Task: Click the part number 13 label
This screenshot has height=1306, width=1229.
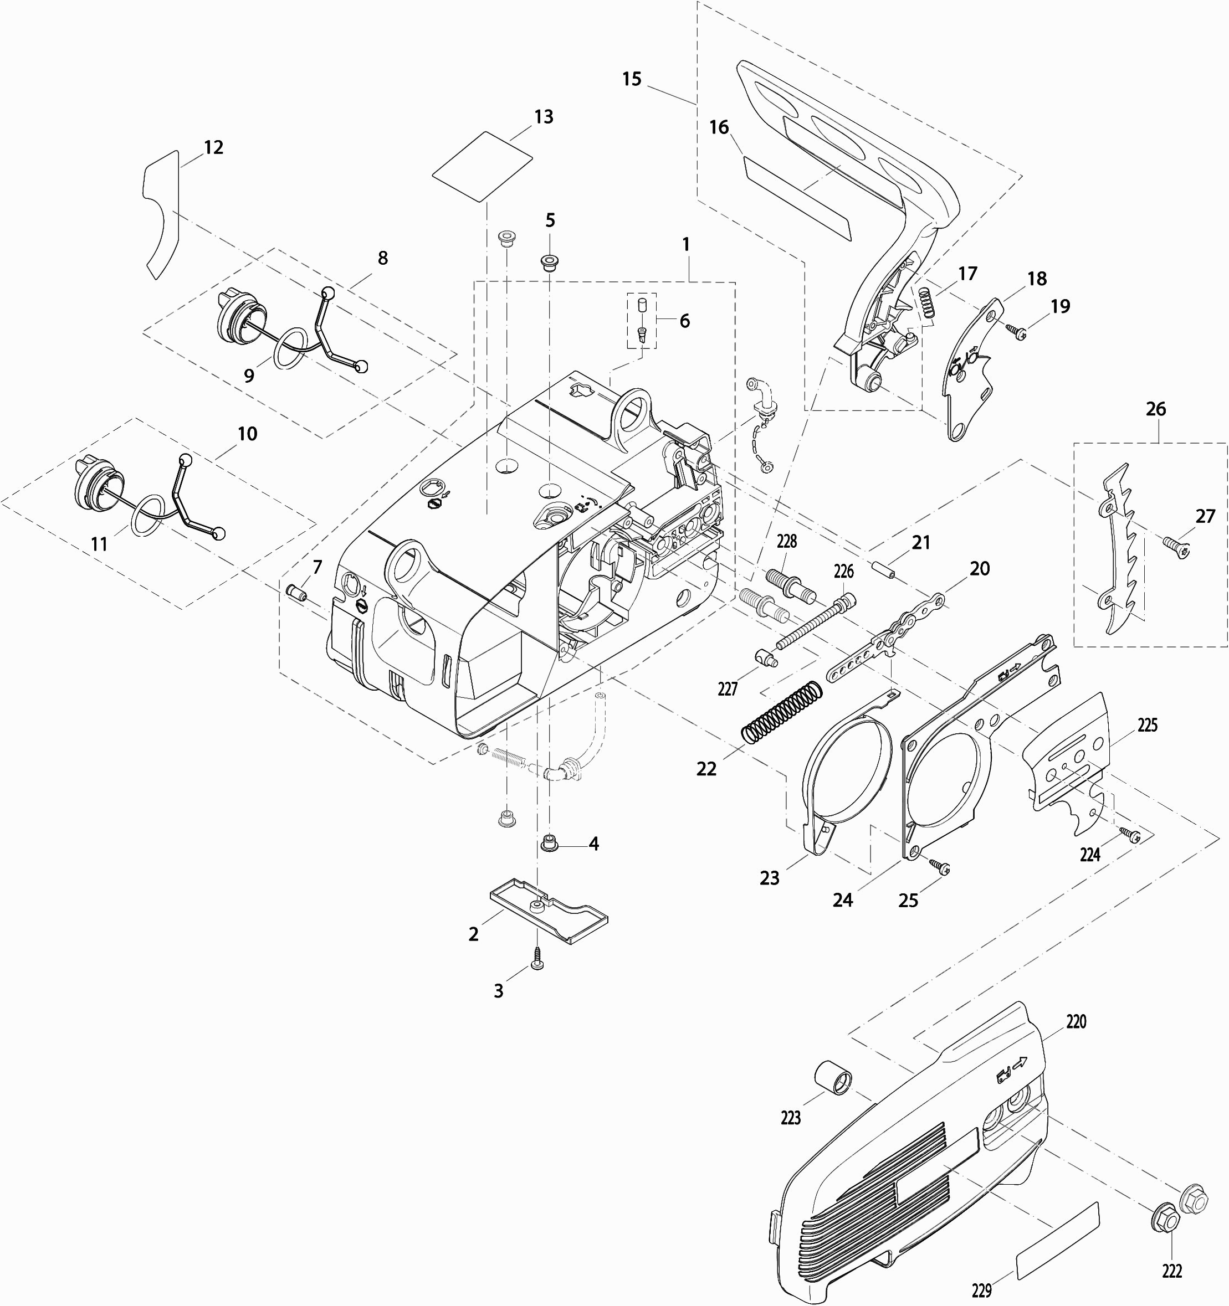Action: coord(544,117)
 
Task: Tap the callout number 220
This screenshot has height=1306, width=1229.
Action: coord(1076,1021)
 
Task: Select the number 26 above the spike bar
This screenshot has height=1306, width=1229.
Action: coord(1155,409)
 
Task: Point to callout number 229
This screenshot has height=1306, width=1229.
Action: coord(981,1291)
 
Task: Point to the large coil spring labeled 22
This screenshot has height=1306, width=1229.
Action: coord(782,714)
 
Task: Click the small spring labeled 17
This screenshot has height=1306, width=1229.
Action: coord(926,300)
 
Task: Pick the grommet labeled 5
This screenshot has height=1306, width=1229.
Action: coord(549,263)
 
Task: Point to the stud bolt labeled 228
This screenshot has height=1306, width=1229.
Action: coord(791,585)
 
